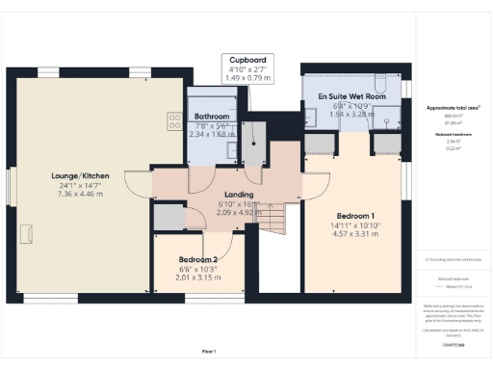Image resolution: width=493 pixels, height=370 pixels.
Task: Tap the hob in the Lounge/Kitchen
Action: pos(176,121)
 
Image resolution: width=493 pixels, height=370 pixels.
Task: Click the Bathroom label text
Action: pos(210,117)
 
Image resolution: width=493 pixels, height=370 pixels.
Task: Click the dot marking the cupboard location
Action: pos(255,142)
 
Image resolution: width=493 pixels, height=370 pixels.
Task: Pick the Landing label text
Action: pos(238,195)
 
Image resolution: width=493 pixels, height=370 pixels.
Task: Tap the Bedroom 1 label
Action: pos(355,216)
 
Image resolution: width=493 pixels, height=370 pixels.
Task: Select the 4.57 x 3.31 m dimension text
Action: pos(355,234)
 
